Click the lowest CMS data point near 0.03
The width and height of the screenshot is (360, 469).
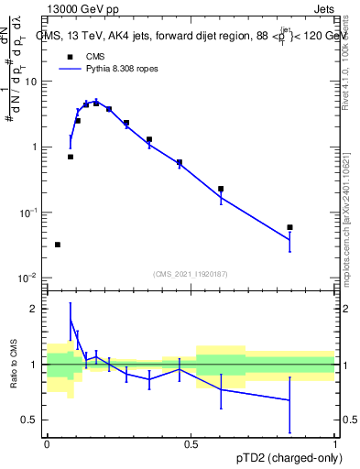[x=58, y=245]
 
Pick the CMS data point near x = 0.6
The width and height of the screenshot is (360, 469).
[x=221, y=189]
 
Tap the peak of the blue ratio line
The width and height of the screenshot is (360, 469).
[x=71, y=320]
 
